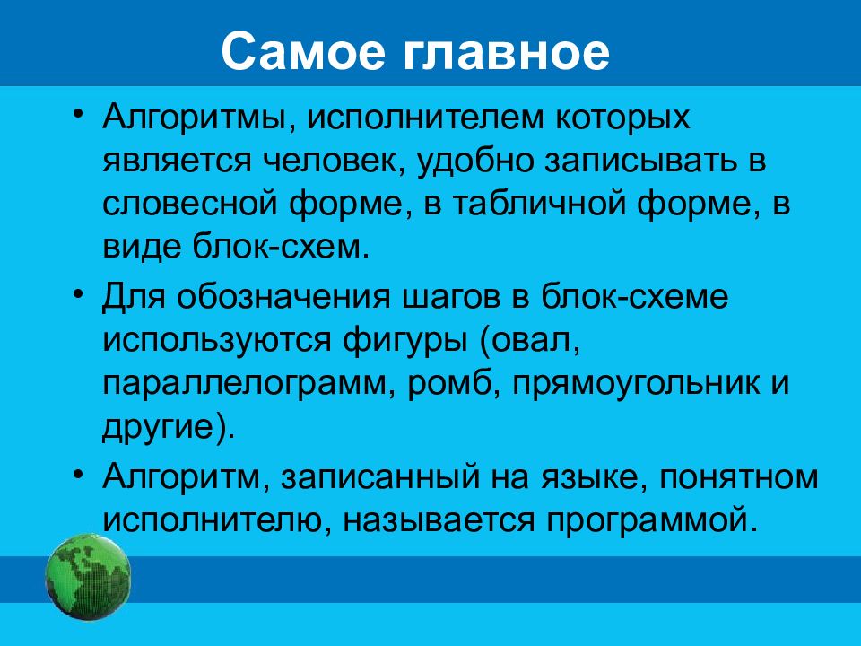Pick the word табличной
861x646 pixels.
tap(540, 204)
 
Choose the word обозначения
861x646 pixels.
tap(283, 297)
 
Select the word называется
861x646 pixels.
tap(439, 520)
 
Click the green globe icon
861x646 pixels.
tap(88, 577)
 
